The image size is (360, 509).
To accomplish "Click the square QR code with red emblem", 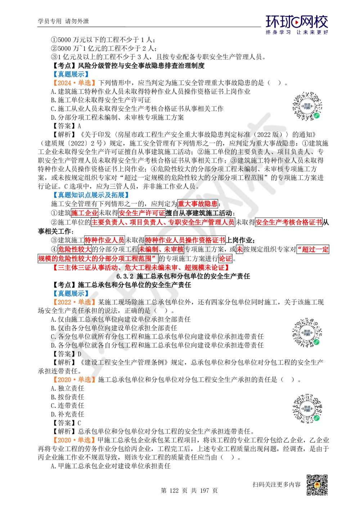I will click(x=316, y=485).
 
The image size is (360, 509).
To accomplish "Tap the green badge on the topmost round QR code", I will click(x=317, y=116).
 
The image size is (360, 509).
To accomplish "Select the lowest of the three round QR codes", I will click(x=308, y=409).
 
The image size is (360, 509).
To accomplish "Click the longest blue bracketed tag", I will click(x=91, y=195).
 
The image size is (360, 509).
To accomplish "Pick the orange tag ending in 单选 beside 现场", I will click(x=74, y=302).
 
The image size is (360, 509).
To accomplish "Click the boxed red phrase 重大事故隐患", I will click(x=198, y=204).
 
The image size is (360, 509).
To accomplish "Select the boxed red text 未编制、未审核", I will click(x=161, y=249).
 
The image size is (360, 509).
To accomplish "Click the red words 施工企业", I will click(x=82, y=213).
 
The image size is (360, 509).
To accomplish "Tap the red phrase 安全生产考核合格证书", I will click(x=288, y=222).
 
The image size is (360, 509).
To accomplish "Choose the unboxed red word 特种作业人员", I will click(x=104, y=240).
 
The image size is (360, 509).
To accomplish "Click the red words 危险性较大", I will click(x=75, y=249).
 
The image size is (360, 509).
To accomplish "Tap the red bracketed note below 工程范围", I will click(x=141, y=268).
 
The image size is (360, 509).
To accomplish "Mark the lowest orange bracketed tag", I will click(x=74, y=440).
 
